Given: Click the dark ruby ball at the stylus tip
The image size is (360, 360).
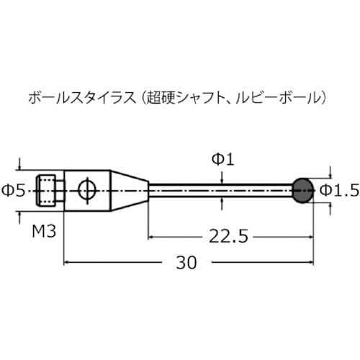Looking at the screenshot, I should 303,190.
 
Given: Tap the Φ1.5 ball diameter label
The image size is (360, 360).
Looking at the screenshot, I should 338,190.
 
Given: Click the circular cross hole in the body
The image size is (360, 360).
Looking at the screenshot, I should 86,190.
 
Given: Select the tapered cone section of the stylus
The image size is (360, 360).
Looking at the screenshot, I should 130,190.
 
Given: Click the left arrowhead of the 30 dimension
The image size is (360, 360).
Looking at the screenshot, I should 68,263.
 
